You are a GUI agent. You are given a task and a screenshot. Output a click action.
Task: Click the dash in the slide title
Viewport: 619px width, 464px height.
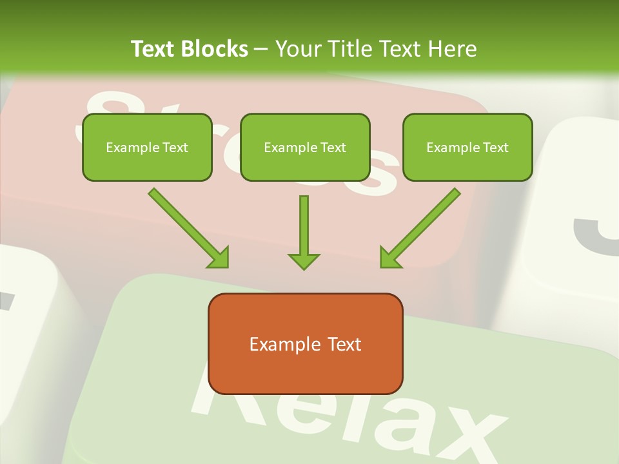pos(261,49)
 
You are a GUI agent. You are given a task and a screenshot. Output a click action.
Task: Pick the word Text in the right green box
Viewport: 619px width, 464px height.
pos(495,148)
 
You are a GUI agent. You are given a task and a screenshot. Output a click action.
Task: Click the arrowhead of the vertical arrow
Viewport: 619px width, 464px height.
pos(304,260)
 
